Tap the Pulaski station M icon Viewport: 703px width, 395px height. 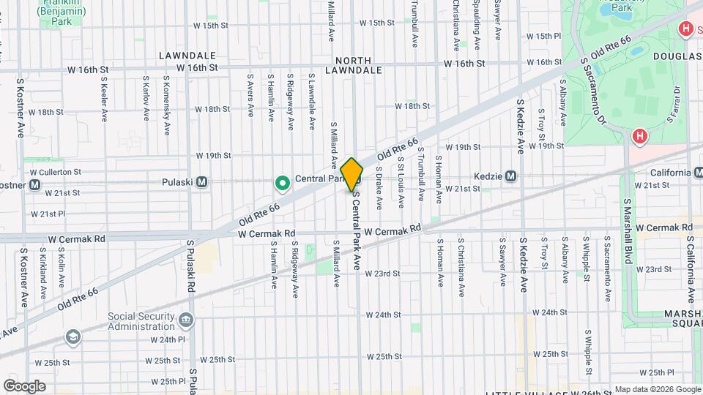coord(202,181)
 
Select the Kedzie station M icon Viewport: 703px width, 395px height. coord(511,176)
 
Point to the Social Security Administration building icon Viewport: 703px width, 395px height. coord(186,320)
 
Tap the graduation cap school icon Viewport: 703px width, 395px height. coord(73,336)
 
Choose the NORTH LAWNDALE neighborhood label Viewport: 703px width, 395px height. coord(359,65)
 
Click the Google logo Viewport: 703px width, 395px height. coord(24,385)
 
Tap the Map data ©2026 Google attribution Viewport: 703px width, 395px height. coord(657,389)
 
